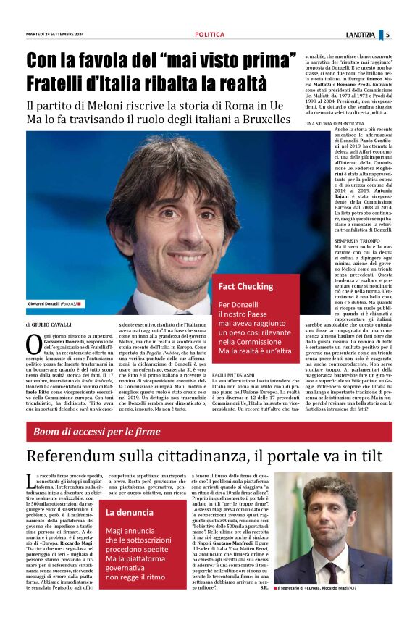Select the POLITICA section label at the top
(210, 35)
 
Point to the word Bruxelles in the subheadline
(259, 118)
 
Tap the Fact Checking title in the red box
(245, 287)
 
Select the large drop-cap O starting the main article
(33, 344)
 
